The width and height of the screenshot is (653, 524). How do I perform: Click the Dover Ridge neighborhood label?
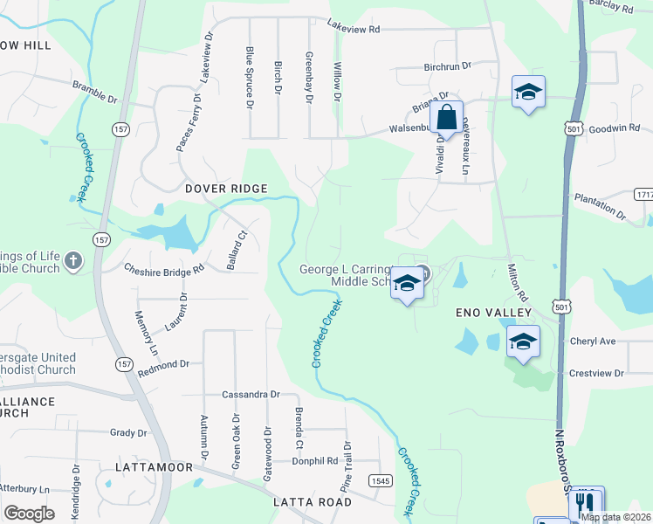[x=225, y=189]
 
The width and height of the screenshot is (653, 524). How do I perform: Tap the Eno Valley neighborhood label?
[x=494, y=312]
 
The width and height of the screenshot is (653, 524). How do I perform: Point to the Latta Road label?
[x=312, y=502]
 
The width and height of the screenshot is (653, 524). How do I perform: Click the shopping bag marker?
[x=446, y=118]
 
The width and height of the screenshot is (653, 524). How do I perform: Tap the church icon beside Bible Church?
[x=73, y=260]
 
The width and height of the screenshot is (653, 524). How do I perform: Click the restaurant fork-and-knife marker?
[x=586, y=503]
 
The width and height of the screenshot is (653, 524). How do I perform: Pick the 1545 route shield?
[x=380, y=481]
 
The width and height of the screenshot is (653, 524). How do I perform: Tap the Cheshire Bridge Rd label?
[x=163, y=270]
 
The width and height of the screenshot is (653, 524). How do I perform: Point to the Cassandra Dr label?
[x=250, y=395]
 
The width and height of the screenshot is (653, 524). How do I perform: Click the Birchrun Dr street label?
[x=447, y=65]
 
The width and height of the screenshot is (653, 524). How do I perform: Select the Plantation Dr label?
[x=600, y=205]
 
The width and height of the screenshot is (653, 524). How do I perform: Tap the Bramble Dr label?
[x=95, y=92]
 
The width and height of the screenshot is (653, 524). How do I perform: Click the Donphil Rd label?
[x=314, y=460]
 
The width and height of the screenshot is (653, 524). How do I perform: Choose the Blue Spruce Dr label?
[x=250, y=79]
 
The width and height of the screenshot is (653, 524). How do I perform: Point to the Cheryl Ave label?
[x=593, y=341]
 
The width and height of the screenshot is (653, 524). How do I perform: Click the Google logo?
[x=29, y=514]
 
